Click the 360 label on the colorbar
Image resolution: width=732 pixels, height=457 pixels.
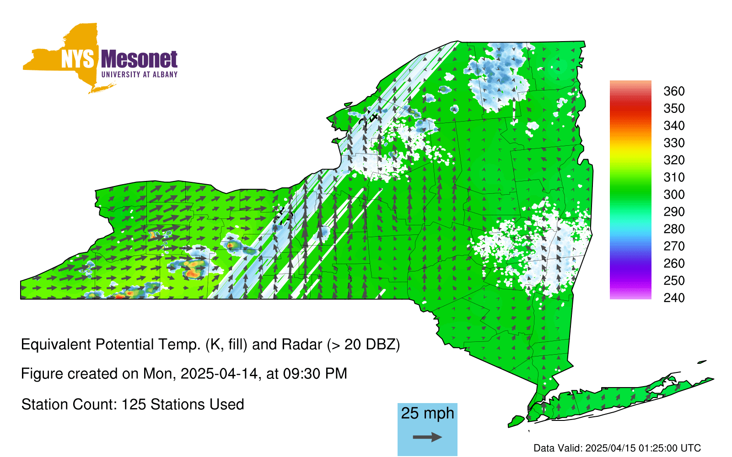[x=674, y=91]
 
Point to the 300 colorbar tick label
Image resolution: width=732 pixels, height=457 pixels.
[x=674, y=195]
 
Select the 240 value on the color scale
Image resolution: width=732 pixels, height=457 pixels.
[x=674, y=298]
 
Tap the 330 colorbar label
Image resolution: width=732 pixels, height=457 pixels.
[x=674, y=143]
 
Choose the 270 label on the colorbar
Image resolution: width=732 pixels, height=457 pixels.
[x=674, y=246]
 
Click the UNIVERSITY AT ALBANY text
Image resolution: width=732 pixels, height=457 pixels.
[x=139, y=74]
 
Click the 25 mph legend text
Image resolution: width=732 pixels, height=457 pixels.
[x=427, y=414]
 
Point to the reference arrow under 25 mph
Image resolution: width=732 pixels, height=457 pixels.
[x=427, y=437]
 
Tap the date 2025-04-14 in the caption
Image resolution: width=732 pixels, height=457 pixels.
[x=219, y=374]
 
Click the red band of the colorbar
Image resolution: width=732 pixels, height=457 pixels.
[x=630, y=108]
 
